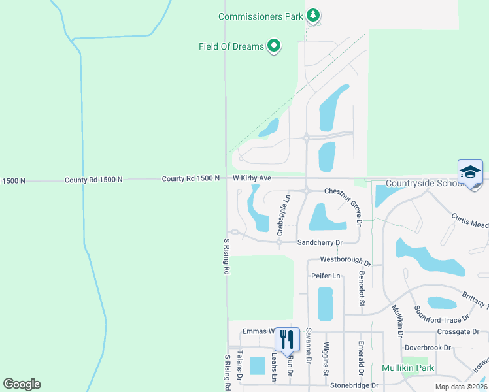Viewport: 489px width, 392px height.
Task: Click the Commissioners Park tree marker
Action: pyautogui.click(x=313, y=15)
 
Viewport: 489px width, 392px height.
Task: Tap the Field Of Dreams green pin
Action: pyautogui.click(x=275, y=46)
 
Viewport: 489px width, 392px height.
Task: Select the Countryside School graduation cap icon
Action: pyautogui.click(x=470, y=172)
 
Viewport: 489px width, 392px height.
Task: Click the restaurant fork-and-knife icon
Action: pyautogui.click(x=287, y=339)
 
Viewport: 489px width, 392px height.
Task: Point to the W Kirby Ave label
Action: pyautogui.click(x=252, y=178)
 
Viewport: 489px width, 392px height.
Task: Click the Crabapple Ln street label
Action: pyautogui.click(x=283, y=214)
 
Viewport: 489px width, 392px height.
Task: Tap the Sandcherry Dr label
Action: pyautogui.click(x=320, y=242)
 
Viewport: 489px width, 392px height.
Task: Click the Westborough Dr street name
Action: pyautogui.click(x=345, y=261)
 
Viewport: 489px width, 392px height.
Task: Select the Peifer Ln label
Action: pyautogui.click(x=326, y=276)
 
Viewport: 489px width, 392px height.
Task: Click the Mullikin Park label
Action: pyautogui.click(x=408, y=368)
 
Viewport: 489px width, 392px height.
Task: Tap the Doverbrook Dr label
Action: pyautogui.click(x=428, y=347)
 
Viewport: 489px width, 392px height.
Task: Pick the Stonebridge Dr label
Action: pyautogui.click(x=354, y=385)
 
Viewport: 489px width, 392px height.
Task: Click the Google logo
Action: pyautogui.click(x=22, y=384)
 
